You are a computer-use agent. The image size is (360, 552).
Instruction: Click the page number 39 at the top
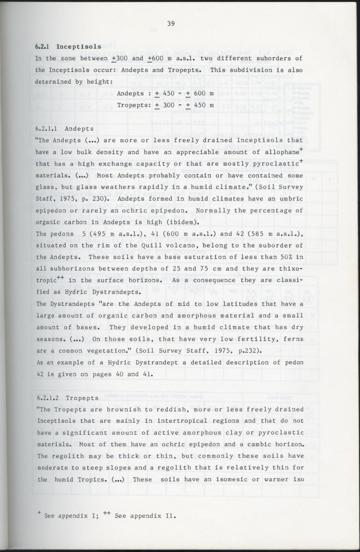pos(170,24)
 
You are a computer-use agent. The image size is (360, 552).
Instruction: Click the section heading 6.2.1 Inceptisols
pos(68,46)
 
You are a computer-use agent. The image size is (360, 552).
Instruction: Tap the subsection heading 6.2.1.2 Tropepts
pos(67,397)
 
